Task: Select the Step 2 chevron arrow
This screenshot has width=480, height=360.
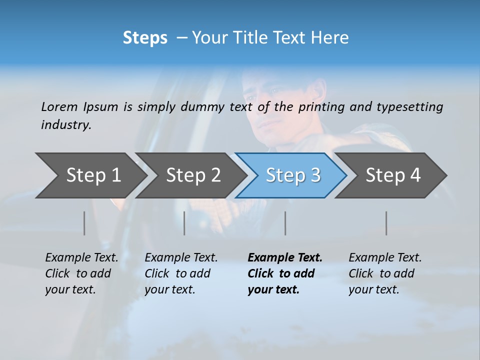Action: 192,175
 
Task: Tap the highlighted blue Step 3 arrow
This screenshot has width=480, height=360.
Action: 292,175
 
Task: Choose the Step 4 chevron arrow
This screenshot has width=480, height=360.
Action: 392,175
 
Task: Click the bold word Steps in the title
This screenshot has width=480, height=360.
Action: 145,38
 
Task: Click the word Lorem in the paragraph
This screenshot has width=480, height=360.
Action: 59,107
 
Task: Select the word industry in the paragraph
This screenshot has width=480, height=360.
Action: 66,125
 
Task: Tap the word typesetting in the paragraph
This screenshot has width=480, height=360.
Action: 409,107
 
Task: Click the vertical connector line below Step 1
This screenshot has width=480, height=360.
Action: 84,223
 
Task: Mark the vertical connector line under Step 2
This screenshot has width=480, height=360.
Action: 184,223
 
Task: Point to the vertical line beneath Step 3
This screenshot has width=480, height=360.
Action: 285,223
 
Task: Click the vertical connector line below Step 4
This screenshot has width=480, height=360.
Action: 386,223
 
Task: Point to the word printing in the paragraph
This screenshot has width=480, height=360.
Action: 321,107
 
